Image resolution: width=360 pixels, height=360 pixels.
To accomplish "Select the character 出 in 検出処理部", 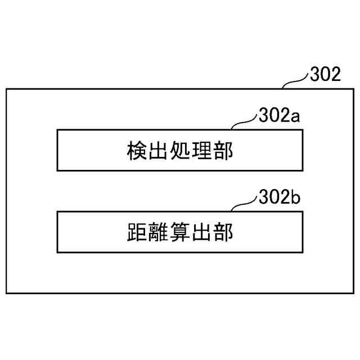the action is pos(156,151).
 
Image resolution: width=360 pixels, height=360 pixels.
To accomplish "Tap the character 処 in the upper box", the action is pos(178,151).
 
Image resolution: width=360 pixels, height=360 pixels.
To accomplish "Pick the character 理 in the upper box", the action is pos(200,151).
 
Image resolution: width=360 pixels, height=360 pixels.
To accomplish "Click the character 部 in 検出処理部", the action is pos(223,151).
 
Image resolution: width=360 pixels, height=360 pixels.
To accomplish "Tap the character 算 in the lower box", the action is pos(178,232).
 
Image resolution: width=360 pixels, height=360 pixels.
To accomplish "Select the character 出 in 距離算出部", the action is pos(200,232).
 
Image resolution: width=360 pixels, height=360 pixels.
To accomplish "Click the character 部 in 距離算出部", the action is pos(223,232).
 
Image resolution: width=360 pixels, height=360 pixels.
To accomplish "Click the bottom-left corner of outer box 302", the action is pos(6,292).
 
